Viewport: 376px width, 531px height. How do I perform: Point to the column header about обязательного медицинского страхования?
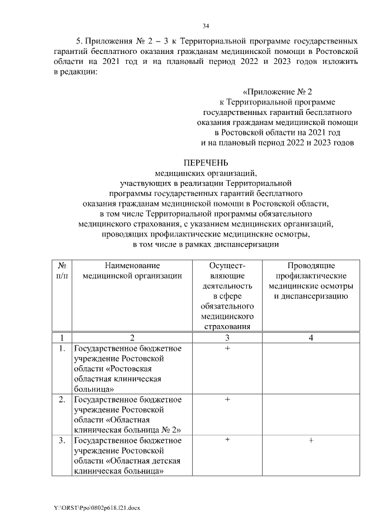(227, 296)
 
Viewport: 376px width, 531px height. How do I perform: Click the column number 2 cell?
(133, 337)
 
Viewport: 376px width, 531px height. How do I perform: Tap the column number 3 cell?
(227, 337)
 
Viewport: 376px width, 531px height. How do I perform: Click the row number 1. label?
(61, 349)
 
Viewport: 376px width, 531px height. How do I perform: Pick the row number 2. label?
(61, 400)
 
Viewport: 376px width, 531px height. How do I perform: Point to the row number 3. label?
(61, 440)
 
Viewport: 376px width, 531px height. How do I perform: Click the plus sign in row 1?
(227, 349)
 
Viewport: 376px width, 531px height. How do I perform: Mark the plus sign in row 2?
(227, 400)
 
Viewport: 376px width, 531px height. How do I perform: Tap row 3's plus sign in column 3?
(227, 440)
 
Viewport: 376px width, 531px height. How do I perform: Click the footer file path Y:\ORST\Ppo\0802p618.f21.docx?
(96, 506)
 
